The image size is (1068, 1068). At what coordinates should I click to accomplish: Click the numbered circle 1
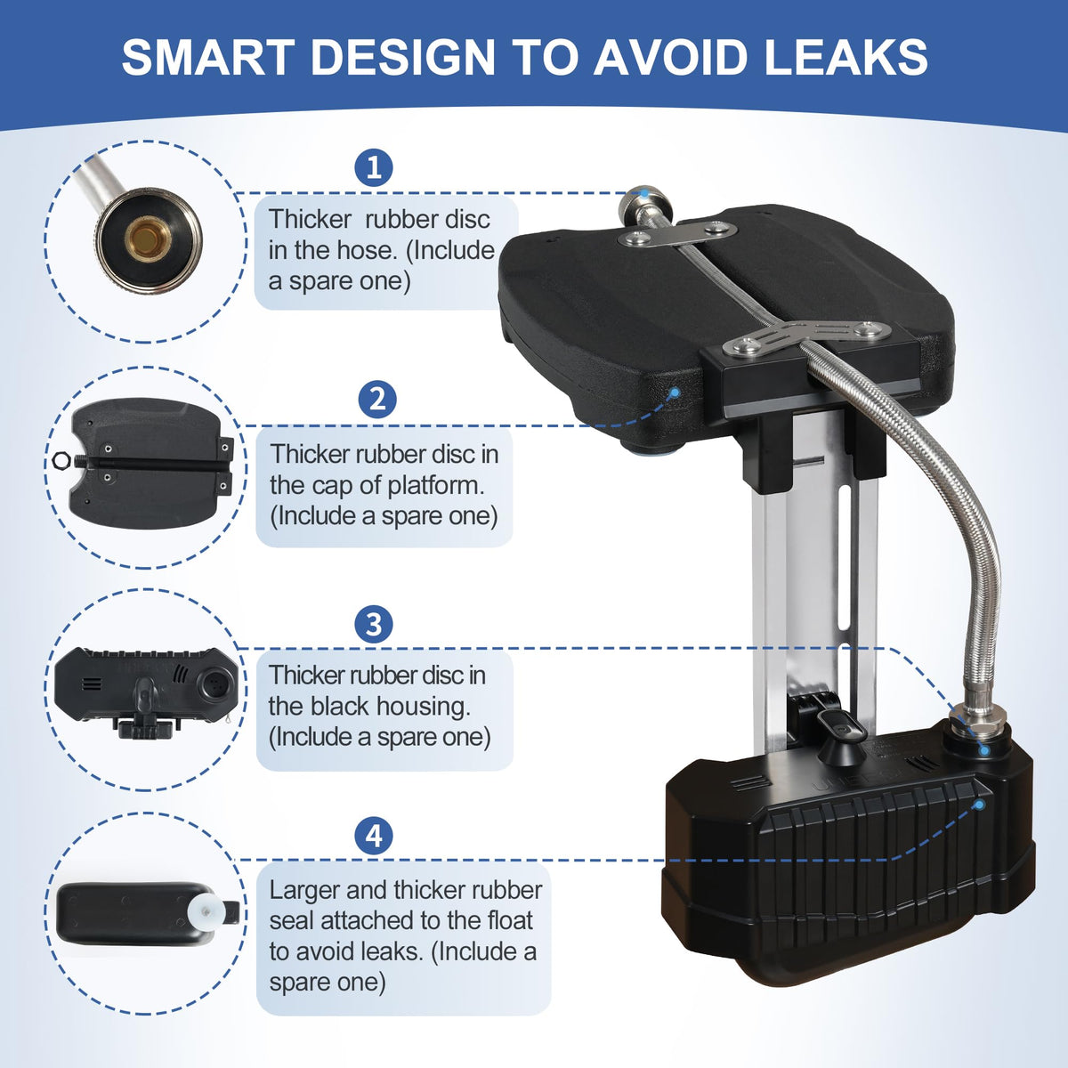point(374,167)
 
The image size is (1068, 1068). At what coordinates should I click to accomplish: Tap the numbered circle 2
point(376,399)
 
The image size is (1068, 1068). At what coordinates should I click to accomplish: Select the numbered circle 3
point(374,624)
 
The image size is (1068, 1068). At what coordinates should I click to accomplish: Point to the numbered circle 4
point(374,836)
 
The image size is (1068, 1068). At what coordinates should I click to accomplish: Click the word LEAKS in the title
point(845,57)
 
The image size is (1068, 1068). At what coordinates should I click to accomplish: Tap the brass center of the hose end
point(148,239)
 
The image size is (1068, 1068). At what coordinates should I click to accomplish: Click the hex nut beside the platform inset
point(61,460)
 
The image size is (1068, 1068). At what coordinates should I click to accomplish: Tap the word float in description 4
point(510,920)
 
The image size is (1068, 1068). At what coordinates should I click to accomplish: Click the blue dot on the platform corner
point(675,392)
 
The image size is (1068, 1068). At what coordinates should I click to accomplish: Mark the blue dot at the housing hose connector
point(984,751)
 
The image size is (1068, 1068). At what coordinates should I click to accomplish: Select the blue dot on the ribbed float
point(979,805)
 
